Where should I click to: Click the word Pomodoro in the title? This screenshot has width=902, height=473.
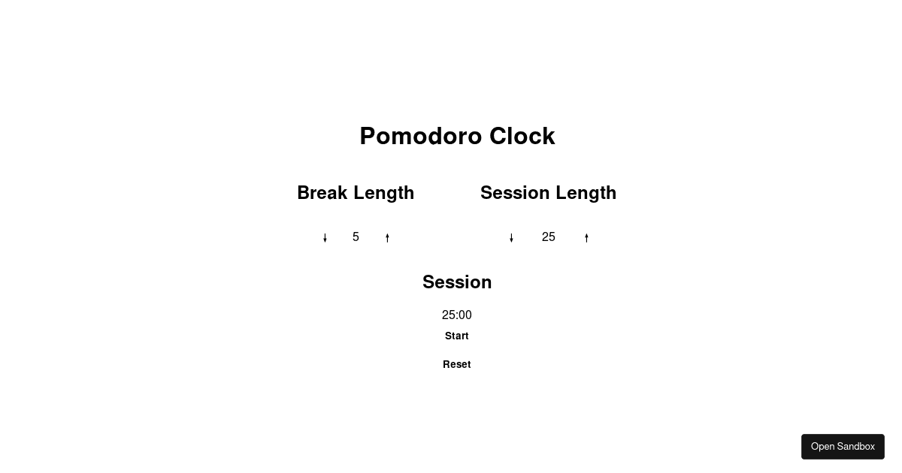pos(421,136)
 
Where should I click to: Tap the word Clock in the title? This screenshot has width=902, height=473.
pos(522,136)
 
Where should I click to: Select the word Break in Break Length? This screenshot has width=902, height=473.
pos(322,193)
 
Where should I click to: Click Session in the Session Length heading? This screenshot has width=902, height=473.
pos(515,193)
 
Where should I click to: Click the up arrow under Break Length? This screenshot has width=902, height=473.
pos(387,238)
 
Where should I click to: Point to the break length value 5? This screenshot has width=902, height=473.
pos(356,237)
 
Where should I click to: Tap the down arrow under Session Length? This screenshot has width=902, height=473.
pos(511,238)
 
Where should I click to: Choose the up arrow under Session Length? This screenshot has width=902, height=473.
pos(586,238)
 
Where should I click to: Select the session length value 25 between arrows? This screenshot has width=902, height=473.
pos(548,237)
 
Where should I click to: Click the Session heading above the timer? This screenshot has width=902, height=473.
pos(457,282)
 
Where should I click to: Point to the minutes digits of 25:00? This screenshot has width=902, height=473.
pos(449,315)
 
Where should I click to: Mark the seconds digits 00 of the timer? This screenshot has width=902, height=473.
pos(465,315)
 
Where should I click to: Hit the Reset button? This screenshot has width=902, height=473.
pos(456,364)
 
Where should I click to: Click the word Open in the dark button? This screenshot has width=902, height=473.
pos(822,447)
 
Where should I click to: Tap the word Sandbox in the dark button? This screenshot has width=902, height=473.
pos(856,447)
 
